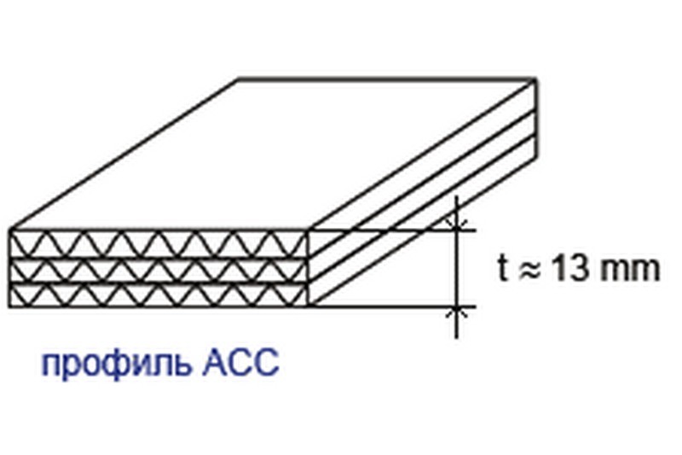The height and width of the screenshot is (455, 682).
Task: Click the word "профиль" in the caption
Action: coord(116,364)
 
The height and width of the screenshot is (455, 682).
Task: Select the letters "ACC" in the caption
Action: coord(240,362)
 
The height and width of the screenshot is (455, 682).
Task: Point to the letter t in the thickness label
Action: coord(503,268)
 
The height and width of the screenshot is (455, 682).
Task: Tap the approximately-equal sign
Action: coord(529,271)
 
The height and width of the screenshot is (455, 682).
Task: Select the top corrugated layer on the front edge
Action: coord(159,244)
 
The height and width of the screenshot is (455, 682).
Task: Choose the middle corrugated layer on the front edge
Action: coord(159,271)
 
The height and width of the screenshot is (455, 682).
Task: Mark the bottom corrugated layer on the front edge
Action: coord(159,295)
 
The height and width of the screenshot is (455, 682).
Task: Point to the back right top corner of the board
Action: coord(536,79)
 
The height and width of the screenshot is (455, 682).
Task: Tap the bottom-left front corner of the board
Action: coord(9,307)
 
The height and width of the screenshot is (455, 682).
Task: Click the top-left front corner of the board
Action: coord(10,230)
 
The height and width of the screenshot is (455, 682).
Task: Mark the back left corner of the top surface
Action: coord(239,79)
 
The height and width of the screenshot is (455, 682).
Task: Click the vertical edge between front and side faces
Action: coord(309,268)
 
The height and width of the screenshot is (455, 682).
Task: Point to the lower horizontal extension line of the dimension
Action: coord(394,307)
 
